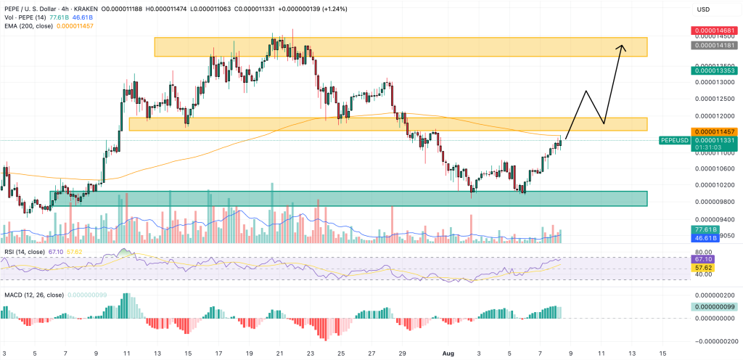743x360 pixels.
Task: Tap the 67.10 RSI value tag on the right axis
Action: click(702, 259)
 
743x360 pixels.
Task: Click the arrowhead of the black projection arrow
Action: click(621, 47)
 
